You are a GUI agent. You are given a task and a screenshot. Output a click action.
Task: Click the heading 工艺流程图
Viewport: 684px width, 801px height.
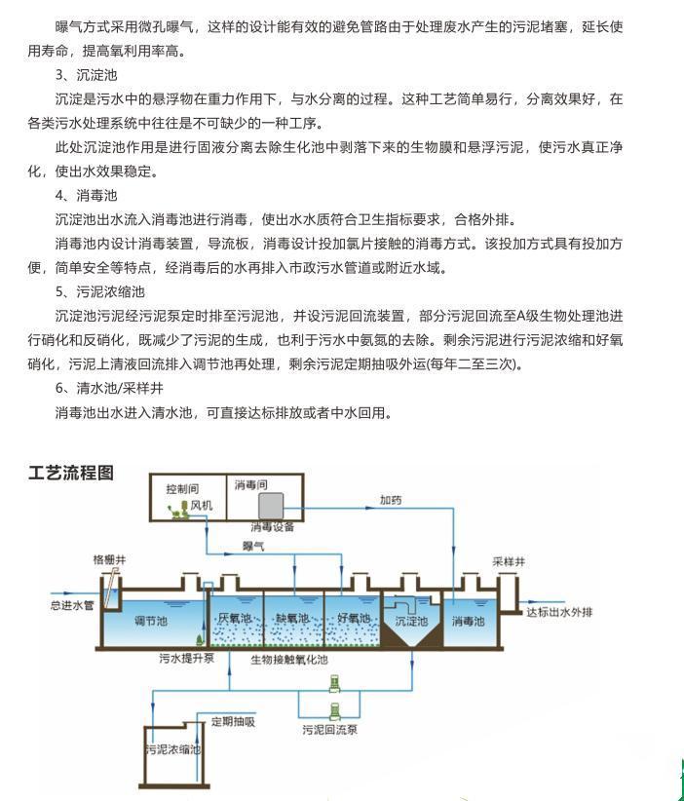71,474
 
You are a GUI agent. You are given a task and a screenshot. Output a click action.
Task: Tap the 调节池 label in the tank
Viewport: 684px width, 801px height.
150,620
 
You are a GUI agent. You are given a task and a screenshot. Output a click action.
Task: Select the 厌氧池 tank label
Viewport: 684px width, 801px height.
235,618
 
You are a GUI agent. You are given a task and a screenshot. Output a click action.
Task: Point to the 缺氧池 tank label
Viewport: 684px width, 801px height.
292,618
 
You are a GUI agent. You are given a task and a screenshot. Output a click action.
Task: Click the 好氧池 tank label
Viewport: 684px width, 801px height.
353,618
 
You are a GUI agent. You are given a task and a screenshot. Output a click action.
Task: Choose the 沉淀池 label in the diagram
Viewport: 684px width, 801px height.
411,621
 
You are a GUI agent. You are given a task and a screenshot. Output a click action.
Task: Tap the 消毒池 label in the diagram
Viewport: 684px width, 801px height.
470,621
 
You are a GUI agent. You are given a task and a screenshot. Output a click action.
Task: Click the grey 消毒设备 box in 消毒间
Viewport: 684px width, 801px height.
270,505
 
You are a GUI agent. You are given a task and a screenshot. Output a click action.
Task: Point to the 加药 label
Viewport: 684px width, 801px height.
391,500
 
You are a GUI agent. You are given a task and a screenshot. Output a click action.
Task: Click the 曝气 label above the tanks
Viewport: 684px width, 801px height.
253,547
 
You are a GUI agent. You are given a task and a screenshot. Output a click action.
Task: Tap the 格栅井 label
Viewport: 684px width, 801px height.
109,560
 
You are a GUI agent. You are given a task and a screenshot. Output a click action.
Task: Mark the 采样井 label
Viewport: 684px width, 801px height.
509,562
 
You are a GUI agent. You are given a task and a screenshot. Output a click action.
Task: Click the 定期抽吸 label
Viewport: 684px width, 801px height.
233,722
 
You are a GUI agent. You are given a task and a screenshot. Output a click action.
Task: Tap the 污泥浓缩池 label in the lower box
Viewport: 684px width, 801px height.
172,749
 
